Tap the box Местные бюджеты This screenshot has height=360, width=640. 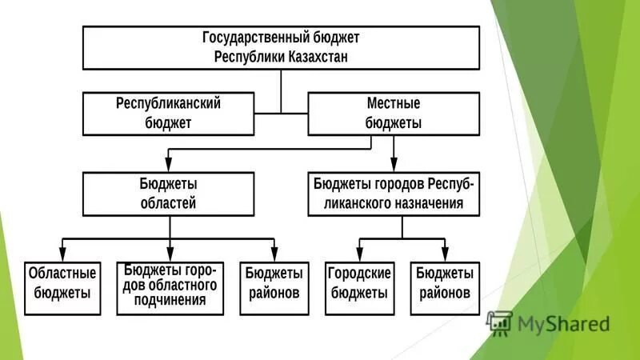pos(393,114)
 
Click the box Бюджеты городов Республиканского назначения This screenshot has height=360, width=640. pos(393,194)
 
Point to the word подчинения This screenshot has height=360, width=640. pos(170,301)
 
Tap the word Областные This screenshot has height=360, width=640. pos(63,273)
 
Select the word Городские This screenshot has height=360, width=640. pos(359,273)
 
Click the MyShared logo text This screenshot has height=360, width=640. pos(564,324)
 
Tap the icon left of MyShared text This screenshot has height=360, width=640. pos(499,322)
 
